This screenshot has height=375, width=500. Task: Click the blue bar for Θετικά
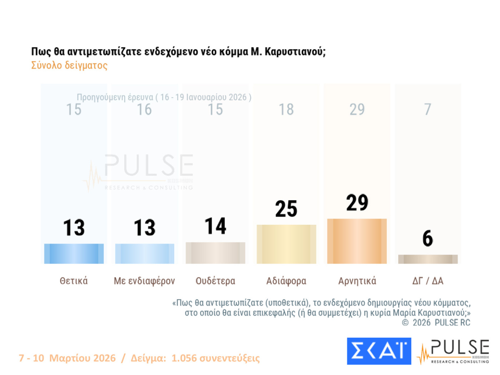pyautogui.click(x=74, y=254)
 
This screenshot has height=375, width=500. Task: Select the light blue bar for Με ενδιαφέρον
pyautogui.click(x=144, y=254)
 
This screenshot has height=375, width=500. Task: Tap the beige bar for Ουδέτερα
pyautogui.click(x=215, y=253)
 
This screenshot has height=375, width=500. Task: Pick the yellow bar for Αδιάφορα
pyautogui.click(x=286, y=244)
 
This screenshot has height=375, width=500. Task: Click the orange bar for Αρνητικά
pyautogui.click(x=357, y=241)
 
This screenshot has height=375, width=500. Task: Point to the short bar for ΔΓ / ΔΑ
pyautogui.click(x=428, y=259)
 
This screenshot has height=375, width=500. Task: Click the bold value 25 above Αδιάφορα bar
pyautogui.click(x=286, y=209)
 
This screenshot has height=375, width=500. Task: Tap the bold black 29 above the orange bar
pyautogui.click(x=357, y=203)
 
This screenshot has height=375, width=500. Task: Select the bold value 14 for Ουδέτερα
pyautogui.click(x=215, y=226)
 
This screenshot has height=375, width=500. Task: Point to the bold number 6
pyautogui.click(x=428, y=238)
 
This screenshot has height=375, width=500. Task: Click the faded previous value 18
pyautogui.click(x=286, y=110)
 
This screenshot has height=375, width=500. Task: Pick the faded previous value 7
pyautogui.click(x=428, y=110)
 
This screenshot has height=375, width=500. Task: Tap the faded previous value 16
pyautogui.click(x=144, y=110)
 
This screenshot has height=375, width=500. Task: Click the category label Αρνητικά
pyautogui.click(x=357, y=281)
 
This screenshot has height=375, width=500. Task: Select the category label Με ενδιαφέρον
pyautogui.click(x=144, y=281)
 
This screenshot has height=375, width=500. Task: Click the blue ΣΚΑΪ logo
pyautogui.click(x=379, y=351)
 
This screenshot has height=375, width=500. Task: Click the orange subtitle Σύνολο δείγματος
pyautogui.click(x=69, y=65)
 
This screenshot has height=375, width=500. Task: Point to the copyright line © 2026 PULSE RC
pyautogui.click(x=436, y=323)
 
